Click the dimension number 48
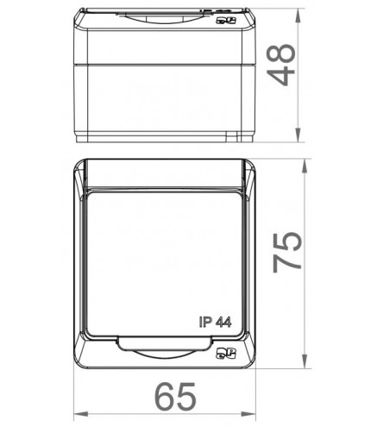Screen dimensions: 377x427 (281, 65)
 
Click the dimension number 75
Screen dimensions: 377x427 (287, 252)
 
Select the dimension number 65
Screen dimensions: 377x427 (175, 397)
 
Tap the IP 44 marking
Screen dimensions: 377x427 (215, 322)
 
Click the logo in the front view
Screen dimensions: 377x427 (226, 353)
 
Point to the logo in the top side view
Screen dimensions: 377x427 (226, 21)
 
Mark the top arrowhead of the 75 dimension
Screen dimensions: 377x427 (305, 166)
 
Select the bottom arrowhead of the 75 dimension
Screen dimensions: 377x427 (305, 361)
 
